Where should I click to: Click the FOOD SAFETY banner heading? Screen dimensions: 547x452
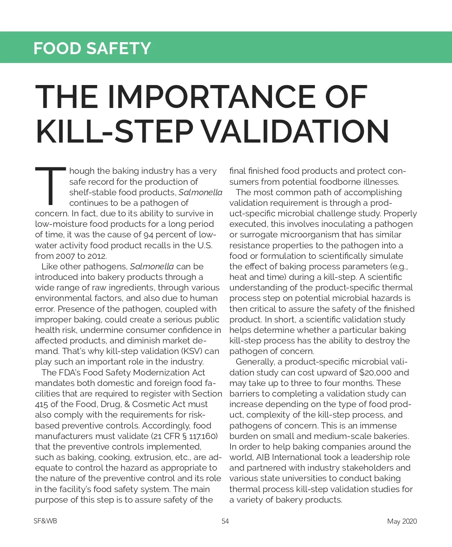click(92, 48)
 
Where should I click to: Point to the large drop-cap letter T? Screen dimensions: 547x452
click(51, 186)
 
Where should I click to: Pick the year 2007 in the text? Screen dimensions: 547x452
click(65, 256)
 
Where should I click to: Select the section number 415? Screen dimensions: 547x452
click(41, 404)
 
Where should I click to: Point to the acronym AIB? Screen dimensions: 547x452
click(263, 457)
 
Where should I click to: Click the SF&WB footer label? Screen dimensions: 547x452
click(45, 521)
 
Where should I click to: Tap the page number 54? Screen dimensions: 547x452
click(225, 521)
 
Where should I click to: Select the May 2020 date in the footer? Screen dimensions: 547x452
click(402, 521)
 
